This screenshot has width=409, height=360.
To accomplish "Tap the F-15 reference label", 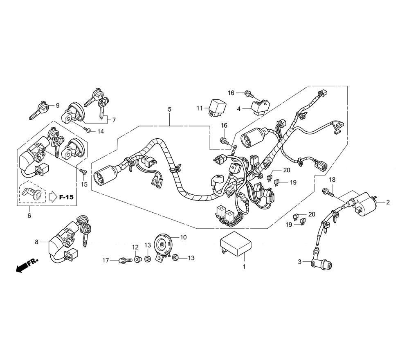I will pyautogui.click(x=66, y=197).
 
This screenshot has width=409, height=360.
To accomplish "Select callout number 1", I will pyautogui.click(x=244, y=267).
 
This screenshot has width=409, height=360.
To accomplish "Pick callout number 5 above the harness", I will pyautogui.click(x=169, y=109).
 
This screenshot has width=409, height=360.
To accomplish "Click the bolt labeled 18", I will pyautogui.click(x=327, y=191).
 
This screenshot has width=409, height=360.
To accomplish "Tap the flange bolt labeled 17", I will pyautogui.click(x=123, y=260).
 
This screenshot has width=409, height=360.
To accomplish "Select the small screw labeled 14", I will pyautogui.click(x=87, y=130).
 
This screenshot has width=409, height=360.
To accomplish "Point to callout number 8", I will pyautogui.click(x=36, y=242).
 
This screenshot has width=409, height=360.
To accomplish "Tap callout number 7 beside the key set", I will pyautogui.click(x=114, y=120).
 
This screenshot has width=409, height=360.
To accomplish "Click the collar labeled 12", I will pyautogui.click(x=138, y=259).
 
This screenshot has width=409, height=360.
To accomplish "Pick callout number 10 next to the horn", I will pyautogui.click(x=183, y=237).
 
